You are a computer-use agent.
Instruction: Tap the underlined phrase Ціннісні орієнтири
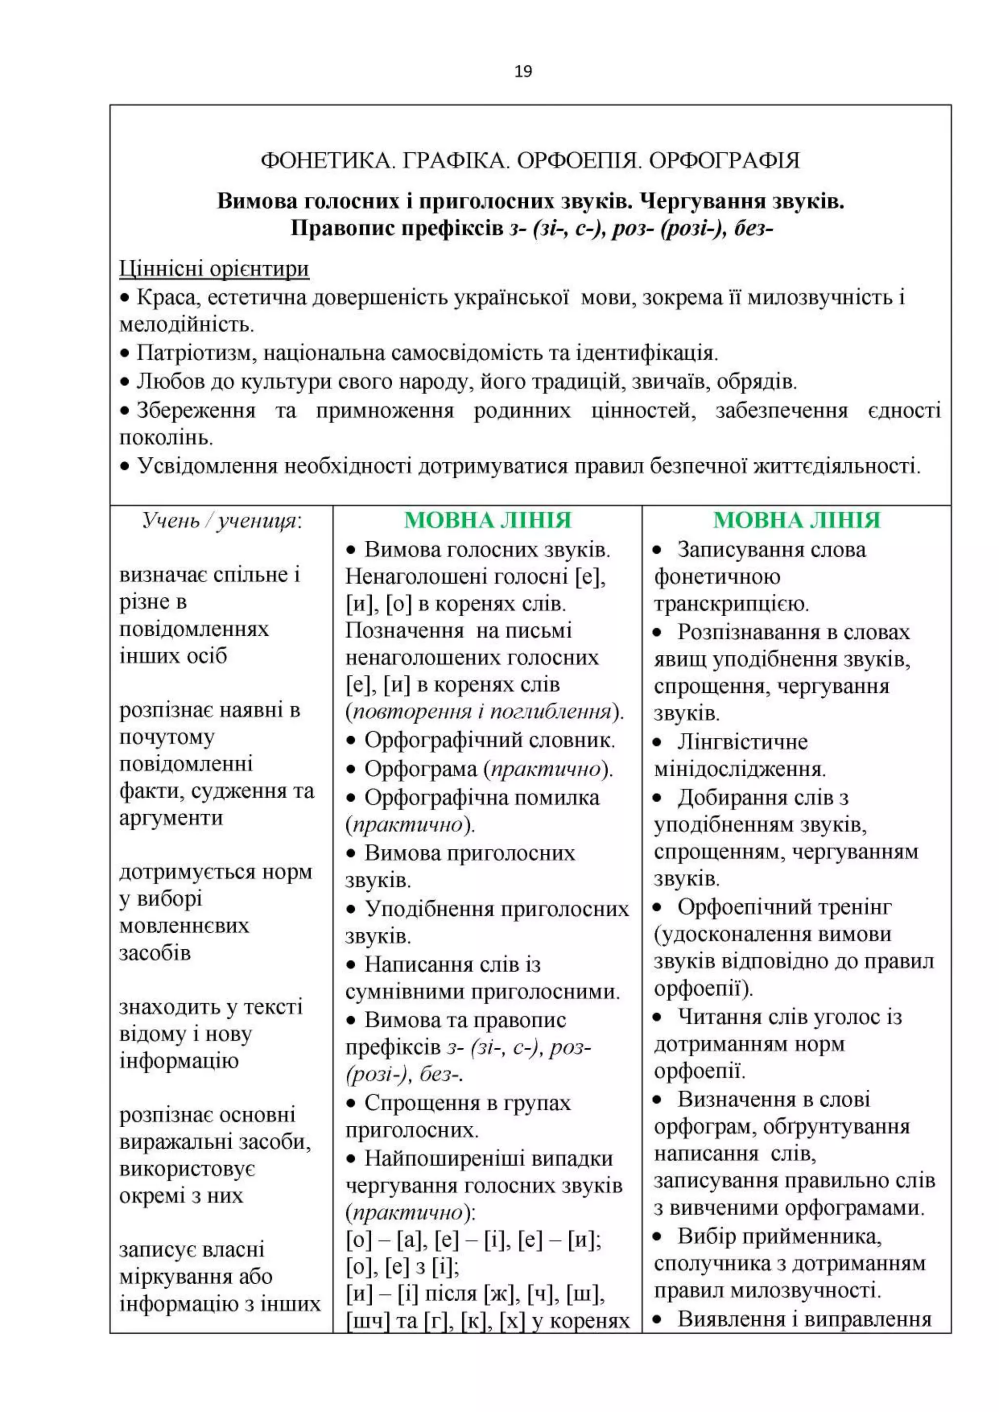[214, 269]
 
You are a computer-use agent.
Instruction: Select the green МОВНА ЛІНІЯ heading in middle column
[488, 520]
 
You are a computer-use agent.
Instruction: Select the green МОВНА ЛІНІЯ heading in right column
[797, 520]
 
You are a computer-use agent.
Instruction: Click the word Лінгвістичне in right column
[742, 742]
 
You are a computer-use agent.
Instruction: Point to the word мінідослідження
[739, 769]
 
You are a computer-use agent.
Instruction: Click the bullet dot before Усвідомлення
[125, 468]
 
